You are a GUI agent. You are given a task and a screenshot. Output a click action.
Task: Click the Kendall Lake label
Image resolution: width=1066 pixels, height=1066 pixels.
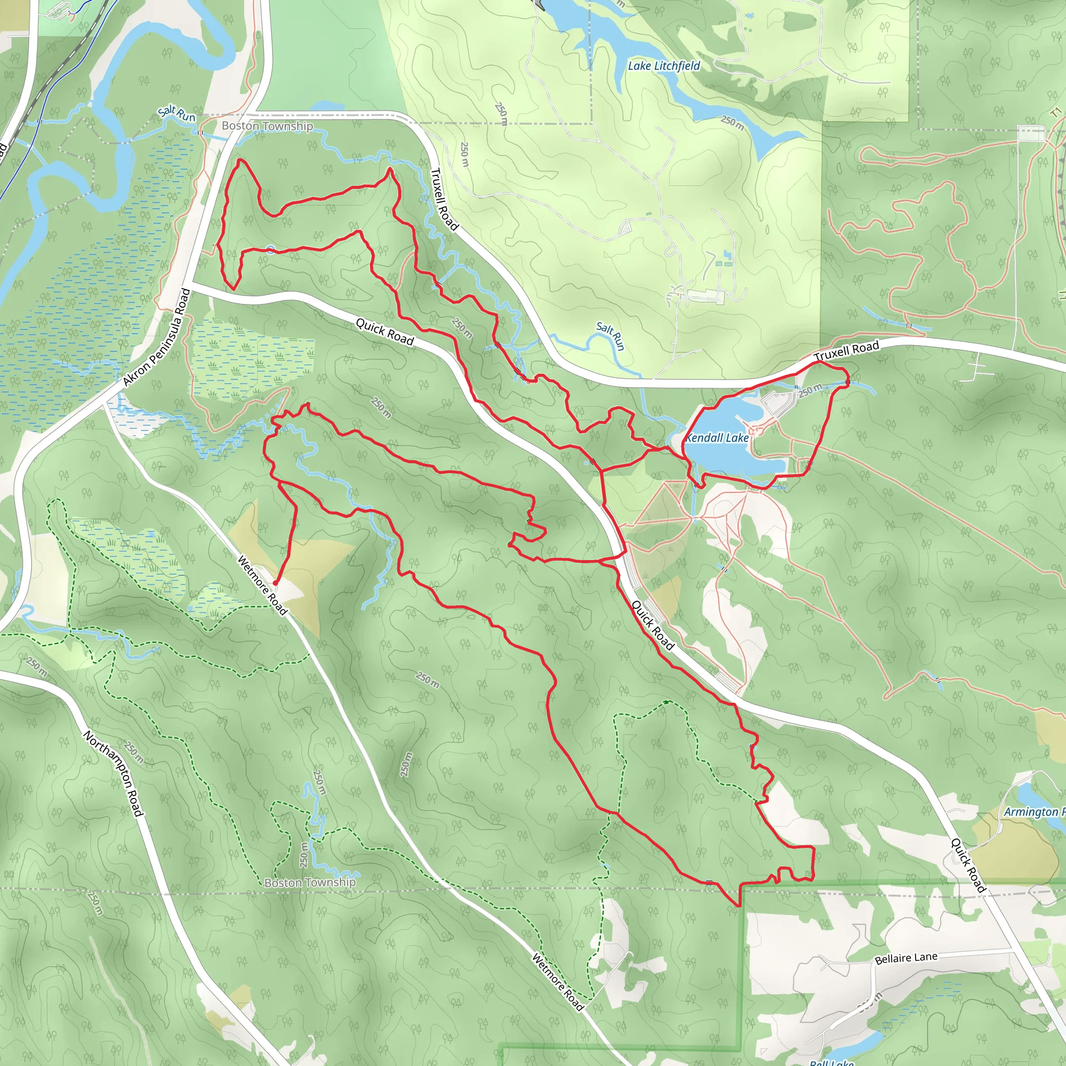click(717, 438)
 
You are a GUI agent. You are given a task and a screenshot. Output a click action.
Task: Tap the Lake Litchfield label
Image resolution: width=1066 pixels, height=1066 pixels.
click(664, 66)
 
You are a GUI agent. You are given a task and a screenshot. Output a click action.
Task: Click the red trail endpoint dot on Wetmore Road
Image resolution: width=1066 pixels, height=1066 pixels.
click(275, 582)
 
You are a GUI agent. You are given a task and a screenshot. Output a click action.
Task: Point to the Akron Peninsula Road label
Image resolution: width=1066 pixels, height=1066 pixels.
click(156, 337)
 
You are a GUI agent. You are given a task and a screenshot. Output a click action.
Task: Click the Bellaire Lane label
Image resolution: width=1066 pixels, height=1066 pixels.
click(906, 958)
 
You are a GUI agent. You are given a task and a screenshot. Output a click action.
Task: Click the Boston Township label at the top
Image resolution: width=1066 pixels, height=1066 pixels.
click(267, 126)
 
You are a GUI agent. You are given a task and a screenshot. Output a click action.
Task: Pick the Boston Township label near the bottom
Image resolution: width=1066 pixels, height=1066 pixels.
click(310, 882)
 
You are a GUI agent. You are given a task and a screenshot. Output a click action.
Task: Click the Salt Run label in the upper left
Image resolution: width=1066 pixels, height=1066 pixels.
click(176, 113)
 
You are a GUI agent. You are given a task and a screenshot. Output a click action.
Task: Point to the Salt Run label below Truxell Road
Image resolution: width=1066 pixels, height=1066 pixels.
click(611, 336)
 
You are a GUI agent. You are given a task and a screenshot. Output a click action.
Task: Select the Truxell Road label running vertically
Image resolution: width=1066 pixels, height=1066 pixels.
click(444, 199)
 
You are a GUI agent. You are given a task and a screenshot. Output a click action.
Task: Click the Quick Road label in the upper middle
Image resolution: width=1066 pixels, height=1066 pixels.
click(385, 332)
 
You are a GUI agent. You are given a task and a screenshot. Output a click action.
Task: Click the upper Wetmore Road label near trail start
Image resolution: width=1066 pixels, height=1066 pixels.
click(263, 585)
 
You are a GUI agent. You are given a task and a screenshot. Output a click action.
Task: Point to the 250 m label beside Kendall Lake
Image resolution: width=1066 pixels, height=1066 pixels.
click(810, 391)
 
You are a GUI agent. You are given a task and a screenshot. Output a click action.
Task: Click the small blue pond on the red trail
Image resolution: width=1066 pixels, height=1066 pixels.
click(270, 250)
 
